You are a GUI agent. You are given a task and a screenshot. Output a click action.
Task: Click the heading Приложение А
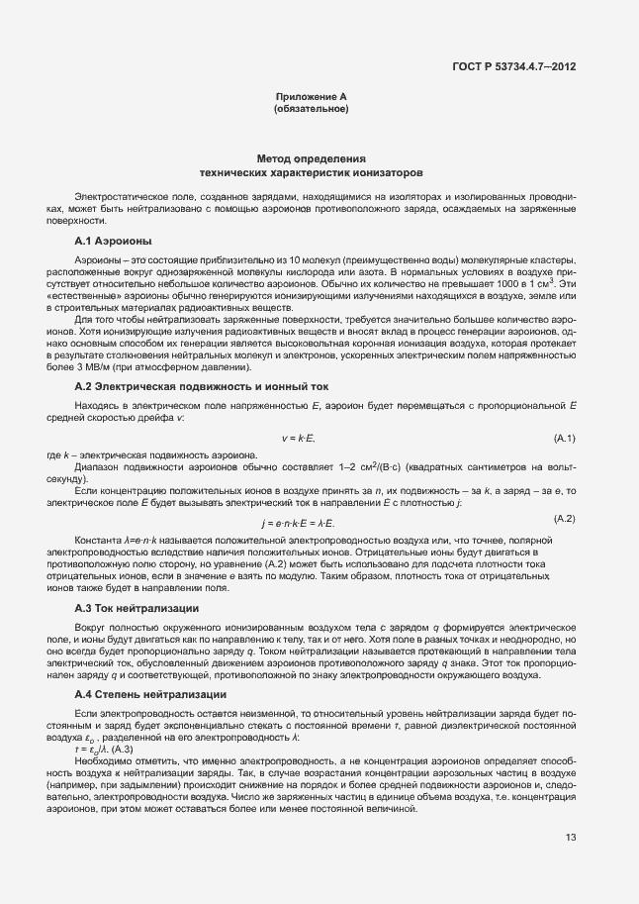coord(311,96)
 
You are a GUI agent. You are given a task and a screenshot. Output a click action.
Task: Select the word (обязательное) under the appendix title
coord(311,108)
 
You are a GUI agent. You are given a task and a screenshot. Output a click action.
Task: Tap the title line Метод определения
coord(311,158)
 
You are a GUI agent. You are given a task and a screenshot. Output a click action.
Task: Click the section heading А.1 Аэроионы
coord(112,242)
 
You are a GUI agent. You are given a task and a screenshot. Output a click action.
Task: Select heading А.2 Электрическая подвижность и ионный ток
coord(201,386)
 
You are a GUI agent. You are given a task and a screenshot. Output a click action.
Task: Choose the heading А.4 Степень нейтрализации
coord(151,696)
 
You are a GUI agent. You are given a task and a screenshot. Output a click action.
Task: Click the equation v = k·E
coord(298,438)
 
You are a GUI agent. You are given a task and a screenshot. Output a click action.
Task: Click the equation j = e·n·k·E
coord(298,522)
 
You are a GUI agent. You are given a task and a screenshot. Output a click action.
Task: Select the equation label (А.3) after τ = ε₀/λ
coord(108,750)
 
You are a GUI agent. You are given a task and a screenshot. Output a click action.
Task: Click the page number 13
coord(571,839)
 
